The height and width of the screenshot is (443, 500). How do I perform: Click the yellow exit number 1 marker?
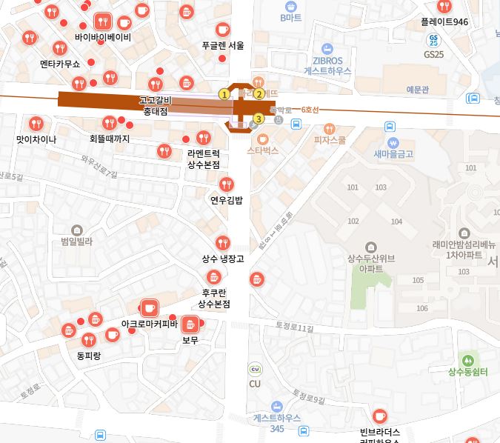pyautogui.click(x=224, y=94)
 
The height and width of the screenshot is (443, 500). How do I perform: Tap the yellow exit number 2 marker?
pyautogui.click(x=259, y=94)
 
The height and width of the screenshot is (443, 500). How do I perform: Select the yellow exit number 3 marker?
pyautogui.click(x=259, y=119)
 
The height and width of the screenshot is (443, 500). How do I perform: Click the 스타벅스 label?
pyautogui.click(x=262, y=150)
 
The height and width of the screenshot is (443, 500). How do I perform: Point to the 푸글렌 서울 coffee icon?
pyautogui.click(x=222, y=30)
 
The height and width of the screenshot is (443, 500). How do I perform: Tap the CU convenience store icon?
pyautogui.click(x=255, y=370)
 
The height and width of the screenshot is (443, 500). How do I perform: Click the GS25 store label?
pyautogui.click(x=433, y=54)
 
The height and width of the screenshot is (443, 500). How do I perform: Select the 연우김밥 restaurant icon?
pyautogui.click(x=227, y=184)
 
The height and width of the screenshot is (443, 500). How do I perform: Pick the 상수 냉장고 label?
pyautogui.click(x=223, y=259)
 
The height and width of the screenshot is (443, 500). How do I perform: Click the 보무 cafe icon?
pyautogui.click(x=190, y=324)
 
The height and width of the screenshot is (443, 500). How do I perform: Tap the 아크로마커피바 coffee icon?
pyautogui.click(x=149, y=307)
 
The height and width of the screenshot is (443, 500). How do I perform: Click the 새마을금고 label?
pyautogui.click(x=393, y=154)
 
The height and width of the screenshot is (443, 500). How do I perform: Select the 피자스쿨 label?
pyautogui.click(x=330, y=139)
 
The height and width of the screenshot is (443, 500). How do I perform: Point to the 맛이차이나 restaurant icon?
pyautogui.click(x=36, y=124)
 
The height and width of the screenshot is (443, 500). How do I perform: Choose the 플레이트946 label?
pyautogui.click(x=444, y=22)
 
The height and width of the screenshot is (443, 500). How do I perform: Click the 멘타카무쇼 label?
pyautogui.click(x=60, y=64)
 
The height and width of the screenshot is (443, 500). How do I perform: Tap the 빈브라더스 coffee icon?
pyautogui.click(x=380, y=416)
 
